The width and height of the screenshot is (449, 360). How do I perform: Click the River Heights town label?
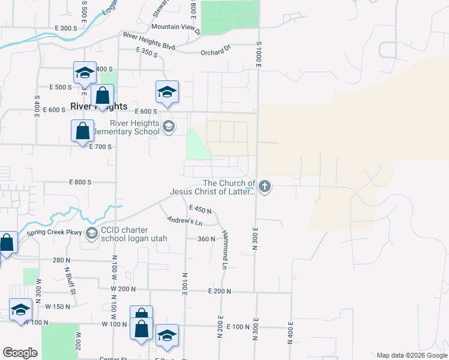pyautogui.click(x=99, y=106)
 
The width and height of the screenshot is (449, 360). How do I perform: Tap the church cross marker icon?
pyautogui.click(x=265, y=187)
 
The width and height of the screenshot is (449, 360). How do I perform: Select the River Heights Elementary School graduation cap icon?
pyautogui.click(x=169, y=126)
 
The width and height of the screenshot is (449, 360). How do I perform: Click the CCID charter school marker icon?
pyautogui.click(x=92, y=233)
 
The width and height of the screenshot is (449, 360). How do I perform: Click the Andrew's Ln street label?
pyautogui.click(x=184, y=221)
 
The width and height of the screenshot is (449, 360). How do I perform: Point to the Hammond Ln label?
pyautogui.click(x=226, y=246)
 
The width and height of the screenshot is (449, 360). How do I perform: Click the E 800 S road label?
pyautogui.click(x=80, y=182)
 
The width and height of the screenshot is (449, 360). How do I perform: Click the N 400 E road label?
pyautogui.click(x=290, y=332)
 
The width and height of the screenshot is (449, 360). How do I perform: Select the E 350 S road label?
pyautogui.click(x=146, y=52)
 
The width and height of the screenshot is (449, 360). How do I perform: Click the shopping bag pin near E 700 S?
pyautogui.click(x=82, y=131)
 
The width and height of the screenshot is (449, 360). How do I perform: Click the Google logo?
pyautogui.click(x=20, y=352)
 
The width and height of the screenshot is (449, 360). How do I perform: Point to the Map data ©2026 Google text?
pyautogui.click(x=411, y=355)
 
